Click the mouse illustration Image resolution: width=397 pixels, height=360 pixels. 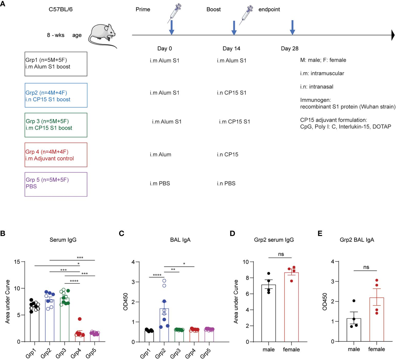point(103,35)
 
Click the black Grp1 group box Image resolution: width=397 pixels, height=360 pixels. point(56,64)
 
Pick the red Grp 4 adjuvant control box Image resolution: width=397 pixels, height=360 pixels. point(56,155)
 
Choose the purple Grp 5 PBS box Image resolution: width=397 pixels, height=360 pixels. point(56,184)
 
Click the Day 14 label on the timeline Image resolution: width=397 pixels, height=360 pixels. point(231,49)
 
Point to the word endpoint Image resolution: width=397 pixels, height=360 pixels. point(269,9)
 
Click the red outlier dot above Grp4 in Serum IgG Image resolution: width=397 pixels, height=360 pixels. point(80,319)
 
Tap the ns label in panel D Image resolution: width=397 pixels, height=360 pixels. point(280,255)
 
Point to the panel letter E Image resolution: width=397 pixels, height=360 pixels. point(320,234)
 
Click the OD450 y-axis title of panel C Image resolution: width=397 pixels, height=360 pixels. point(125,301)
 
